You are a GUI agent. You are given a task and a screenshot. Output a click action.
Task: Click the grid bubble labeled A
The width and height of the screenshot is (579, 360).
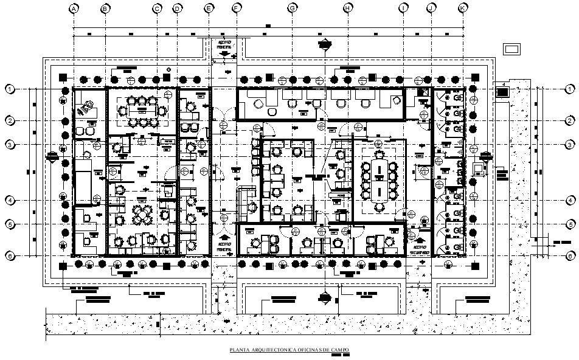(73, 9)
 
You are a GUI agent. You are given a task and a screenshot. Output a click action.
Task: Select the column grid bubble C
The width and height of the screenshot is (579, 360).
(157, 9)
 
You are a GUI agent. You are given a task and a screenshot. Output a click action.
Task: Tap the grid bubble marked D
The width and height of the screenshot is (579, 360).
(177, 9)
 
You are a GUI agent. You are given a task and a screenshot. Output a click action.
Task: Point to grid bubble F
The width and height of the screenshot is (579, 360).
(237, 9)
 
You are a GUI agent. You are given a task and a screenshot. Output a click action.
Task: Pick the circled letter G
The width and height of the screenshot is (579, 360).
(293, 9)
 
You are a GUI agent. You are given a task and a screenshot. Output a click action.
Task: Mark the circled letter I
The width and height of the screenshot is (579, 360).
(404, 9)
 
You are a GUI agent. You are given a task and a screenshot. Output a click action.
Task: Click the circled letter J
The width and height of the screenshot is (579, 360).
(431, 9)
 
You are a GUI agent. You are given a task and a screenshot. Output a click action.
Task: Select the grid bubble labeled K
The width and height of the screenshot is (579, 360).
(463, 9)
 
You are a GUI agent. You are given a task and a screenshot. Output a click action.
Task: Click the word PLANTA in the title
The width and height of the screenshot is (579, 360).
(238, 350)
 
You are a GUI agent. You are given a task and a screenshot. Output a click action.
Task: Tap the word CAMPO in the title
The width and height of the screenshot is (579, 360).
(340, 350)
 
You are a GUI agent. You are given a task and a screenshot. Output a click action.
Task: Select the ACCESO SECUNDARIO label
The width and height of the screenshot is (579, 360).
(419, 250)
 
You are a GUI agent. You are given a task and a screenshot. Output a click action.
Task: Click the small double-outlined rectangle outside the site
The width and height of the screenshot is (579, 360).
(512, 49)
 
